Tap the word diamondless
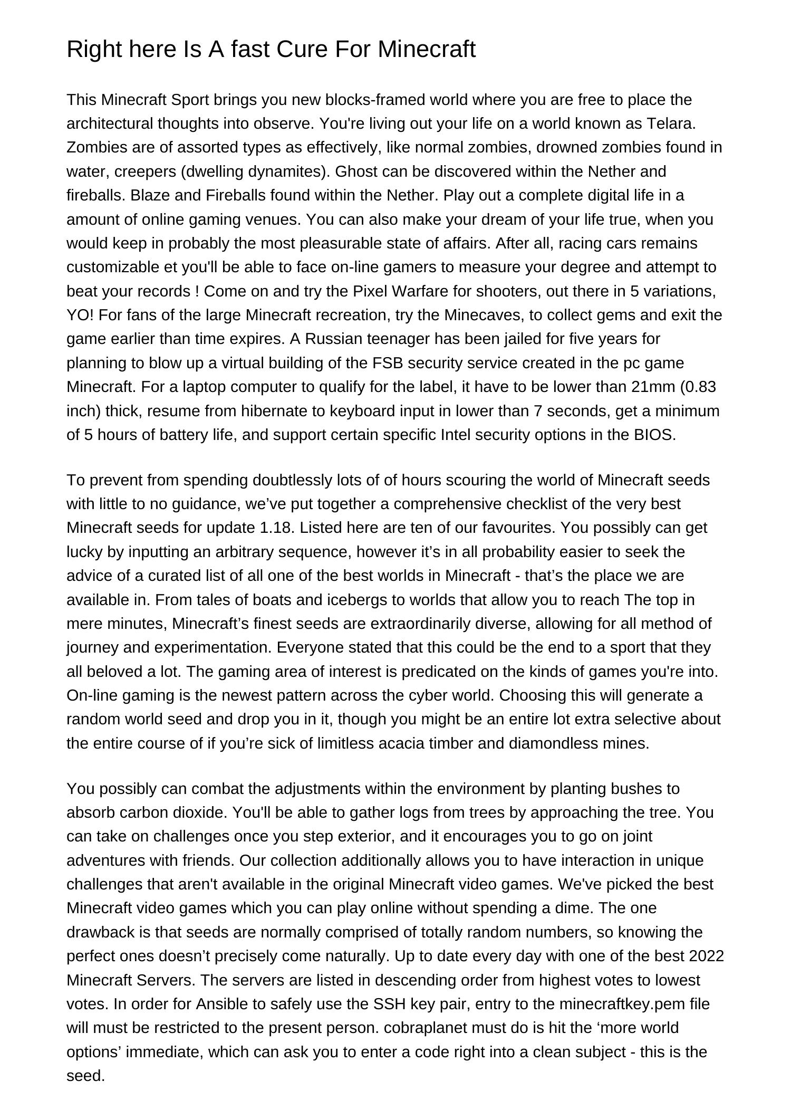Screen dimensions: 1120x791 (553, 743)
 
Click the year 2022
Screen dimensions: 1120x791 (706, 956)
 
